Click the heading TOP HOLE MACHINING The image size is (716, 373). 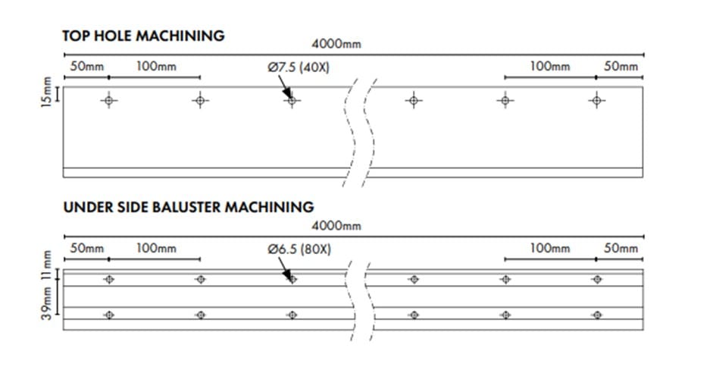pyautogui.click(x=143, y=36)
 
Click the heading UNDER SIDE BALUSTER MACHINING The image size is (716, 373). pyautogui.click(x=189, y=207)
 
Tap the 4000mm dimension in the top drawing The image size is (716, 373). pyautogui.click(x=336, y=44)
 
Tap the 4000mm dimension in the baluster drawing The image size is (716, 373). pyautogui.click(x=336, y=226)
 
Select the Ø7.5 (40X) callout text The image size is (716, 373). pyautogui.click(x=299, y=67)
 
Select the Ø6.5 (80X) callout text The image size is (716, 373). pyautogui.click(x=299, y=249)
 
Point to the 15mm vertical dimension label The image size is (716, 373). pyautogui.click(x=46, y=92)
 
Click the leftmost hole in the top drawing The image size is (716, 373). pyautogui.click(x=108, y=101)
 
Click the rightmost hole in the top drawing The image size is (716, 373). pyautogui.click(x=596, y=101)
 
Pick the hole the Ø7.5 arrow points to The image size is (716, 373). pyautogui.click(x=292, y=101)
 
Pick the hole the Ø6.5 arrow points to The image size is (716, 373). pyautogui.click(x=292, y=279)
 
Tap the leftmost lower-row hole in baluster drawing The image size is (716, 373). pyautogui.click(x=108, y=315)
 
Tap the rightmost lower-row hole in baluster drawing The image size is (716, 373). pyautogui.click(x=597, y=315)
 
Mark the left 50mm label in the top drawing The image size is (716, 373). pyautogui.click(x=87, y=67)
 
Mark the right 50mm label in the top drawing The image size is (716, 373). pyautogui.click(x=621, y=67)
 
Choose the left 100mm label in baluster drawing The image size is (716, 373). pyautogui.click(x=156, y=249)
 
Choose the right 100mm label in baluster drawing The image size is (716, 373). pyautogui.click(x=550, y=249)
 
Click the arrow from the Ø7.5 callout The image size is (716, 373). pyautogui.click(x=284, y=87)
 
